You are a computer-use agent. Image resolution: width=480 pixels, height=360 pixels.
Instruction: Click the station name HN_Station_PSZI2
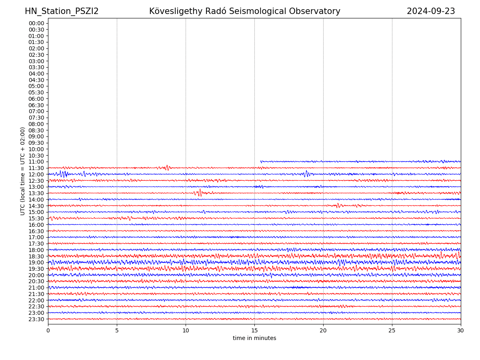tap(62, 11)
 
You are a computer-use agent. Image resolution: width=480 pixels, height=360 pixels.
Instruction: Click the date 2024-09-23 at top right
tap(431, 11)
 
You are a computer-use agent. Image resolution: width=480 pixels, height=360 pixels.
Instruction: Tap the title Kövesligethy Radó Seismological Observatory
tap(244, 11)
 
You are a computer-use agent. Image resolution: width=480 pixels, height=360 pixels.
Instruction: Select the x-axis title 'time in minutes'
tap(254, 338)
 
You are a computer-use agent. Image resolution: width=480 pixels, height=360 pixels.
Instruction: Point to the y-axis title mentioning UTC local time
tap(23, 171)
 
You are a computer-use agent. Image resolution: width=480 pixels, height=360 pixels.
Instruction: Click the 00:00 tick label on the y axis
tap(36, 23)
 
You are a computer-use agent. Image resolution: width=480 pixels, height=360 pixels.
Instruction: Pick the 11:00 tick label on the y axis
tap(36, 162)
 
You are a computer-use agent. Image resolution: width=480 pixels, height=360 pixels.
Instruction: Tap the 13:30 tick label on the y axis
tap(36, 193)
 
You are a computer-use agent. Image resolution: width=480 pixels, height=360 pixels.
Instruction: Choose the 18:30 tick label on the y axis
tap(36, 256)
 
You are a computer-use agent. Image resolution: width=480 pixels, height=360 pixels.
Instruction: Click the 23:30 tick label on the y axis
tap(36, 319)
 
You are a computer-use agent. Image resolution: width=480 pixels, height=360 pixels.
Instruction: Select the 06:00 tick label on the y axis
tap(36, 99)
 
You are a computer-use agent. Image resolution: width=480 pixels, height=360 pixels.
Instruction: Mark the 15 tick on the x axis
tap(254, 331)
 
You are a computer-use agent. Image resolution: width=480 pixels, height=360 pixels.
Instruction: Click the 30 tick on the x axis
tap(461, 331)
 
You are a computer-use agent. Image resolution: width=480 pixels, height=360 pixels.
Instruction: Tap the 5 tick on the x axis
tap(117, 331)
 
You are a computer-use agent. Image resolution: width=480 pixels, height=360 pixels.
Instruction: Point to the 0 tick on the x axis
tap(48, 331)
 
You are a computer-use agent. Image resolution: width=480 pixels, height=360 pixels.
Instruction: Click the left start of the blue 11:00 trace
tap(261, 162)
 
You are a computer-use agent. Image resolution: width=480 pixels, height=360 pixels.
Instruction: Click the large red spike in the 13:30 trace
tap(200, 192)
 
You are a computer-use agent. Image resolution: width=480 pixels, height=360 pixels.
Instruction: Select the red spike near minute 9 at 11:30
tap(167, 168)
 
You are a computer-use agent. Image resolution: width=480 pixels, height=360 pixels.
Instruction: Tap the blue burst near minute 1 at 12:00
tap(63, 174)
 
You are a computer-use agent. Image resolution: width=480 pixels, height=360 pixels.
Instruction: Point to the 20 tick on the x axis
tap(323, 331)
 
